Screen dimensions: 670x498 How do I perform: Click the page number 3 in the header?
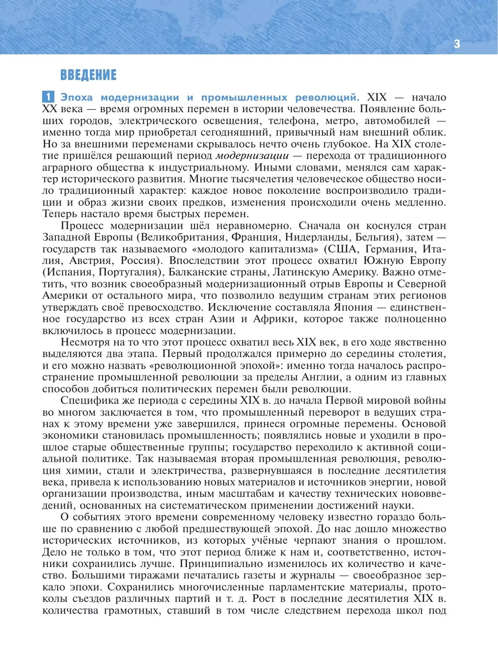pyautogui.click(x=457, y=44)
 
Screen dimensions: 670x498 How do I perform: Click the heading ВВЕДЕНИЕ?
pyautogui.click(x=88, y=75)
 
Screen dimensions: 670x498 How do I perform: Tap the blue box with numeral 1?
pyautogui.click(x=48, y=97)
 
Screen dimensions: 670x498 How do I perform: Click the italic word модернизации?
pyautogui.click(x=252, y=156)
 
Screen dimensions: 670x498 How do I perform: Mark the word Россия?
pyautogui.click(x=142, y=261)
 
